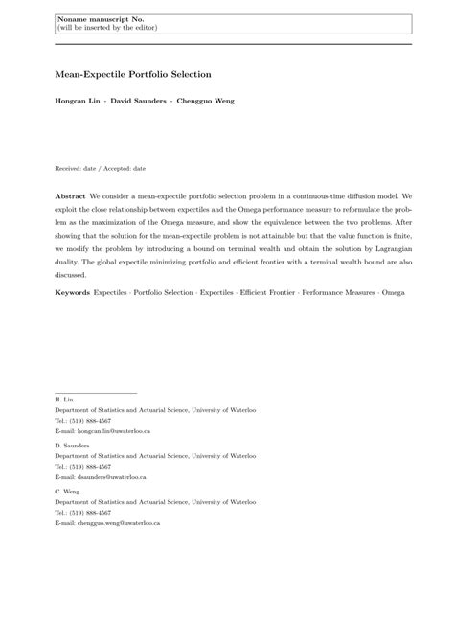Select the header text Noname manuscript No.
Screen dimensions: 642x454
tap(97, 18)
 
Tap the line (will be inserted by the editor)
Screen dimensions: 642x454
tap(105, 29)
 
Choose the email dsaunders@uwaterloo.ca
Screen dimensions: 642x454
tap(110, 476)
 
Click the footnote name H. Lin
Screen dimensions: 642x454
tap(64, 399)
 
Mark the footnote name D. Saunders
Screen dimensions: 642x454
tap(72, 445)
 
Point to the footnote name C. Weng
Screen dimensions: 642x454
tap(68, 490)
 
